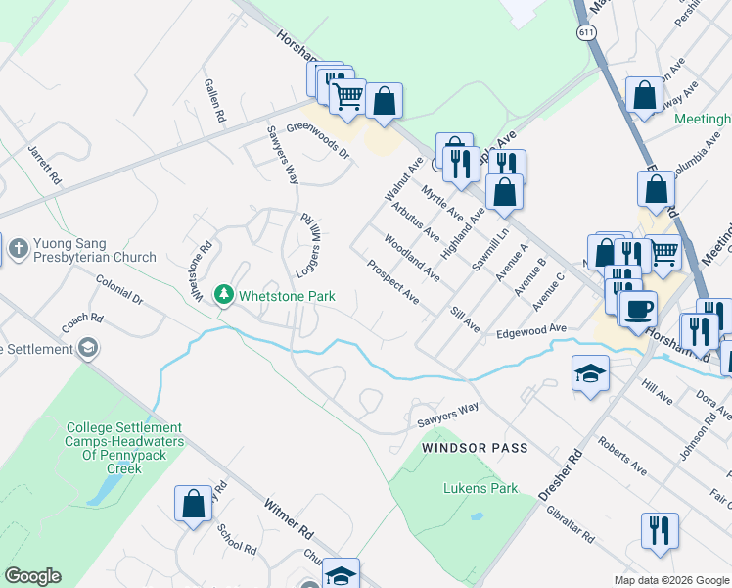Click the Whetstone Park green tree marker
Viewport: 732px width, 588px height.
pos(225,295)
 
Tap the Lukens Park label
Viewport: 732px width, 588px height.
pos(480,488)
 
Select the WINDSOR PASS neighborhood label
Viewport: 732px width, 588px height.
pos(475,448)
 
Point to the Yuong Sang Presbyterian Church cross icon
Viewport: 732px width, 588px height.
pos(18,249)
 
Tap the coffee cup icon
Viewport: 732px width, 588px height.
pos(638,309)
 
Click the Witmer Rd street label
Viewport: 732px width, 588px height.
pos(288,519)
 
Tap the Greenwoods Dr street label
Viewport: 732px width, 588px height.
pos(318,140)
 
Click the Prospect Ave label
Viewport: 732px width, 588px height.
pos(392,282)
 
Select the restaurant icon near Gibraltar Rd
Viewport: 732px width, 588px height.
pos(660,531)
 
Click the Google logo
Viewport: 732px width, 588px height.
pos(32,576)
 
